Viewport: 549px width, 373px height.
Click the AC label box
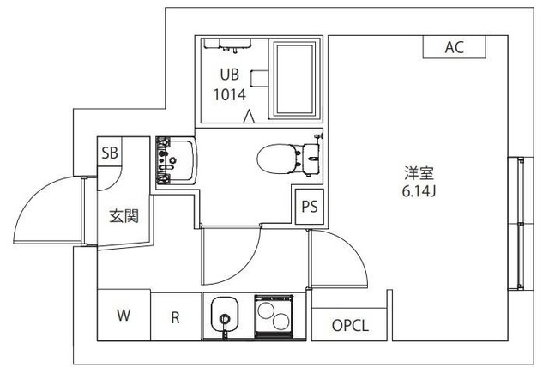click(x=454, y=48)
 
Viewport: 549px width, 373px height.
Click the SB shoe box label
click(x=111, y=154)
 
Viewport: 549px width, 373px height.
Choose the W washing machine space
click(x=124, y=316)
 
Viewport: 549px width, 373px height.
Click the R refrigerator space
click(x=175, y=316)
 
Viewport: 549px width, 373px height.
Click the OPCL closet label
click(x=350, y=326)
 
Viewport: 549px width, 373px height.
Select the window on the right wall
click(x=516, y=222)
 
